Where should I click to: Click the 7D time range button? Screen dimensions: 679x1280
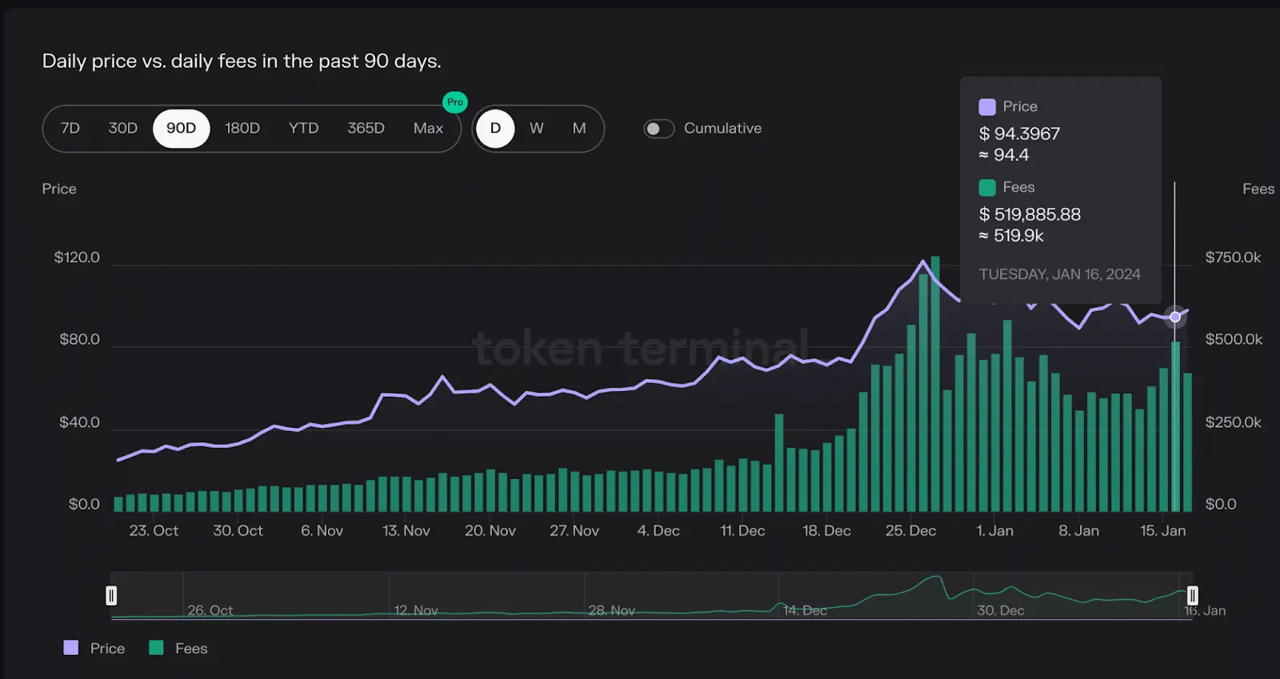pyautogui.click(x=70, y=128)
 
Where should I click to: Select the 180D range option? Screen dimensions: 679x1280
pyautogui.click(x=242, y=128)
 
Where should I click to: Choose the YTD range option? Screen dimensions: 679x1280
pyautogui.click(x=303, y=128)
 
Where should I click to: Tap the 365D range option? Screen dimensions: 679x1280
pyautogui.click(x=366, y=128)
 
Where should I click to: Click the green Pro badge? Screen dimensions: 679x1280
pyautogui.click(x=455, y=102)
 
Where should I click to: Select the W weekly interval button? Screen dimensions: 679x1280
pyautogui.click(x=536, y=128)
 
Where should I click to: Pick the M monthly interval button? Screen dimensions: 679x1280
pyautogui.click(x=579, y=128)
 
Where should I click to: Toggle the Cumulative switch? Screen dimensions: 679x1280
pyautogui.click(x=659, y=129)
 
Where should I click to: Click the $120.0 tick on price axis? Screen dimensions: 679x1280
pyautogui.click(x=77, y=258)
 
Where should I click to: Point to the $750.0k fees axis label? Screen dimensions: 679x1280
pyautogui.click(x=1233, y=258)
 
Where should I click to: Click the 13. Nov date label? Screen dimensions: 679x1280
pyautogui.click(x=406, y=531)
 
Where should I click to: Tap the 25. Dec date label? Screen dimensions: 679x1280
pyautogui.click(x=910, y=531)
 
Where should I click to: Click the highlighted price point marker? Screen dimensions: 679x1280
pyautogui.click(x=1175, y=317)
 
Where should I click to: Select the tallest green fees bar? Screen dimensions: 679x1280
pyautogui.click(x=935, y=384)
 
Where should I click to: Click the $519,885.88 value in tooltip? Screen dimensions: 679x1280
pyautogui.click(x=1030, y=214)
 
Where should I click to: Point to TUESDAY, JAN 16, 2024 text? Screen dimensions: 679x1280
pyautogui.click(x=1059, y=274)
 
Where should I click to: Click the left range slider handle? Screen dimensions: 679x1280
pyautogui.click(x=111, y=596)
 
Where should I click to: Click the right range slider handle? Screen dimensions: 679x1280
pyautogui.click(x=1192, y=596)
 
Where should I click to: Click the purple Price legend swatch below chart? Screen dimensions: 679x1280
pyautogui.click(x=71, y=648)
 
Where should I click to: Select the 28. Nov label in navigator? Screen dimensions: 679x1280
pyautogui.click(x=612, y=610)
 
